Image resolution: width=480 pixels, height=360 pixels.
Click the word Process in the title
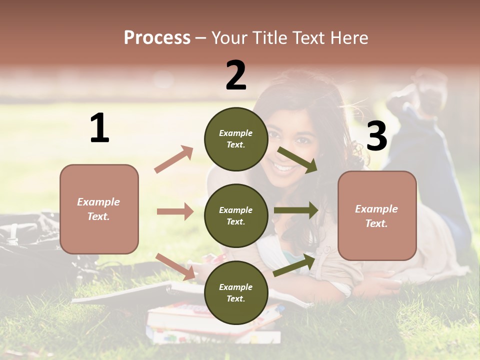pyautogui.click(x=157, y=38)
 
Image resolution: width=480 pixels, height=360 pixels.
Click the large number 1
pyautogui.click(x=99, y=128)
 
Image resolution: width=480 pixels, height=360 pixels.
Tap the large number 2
pyautogui.click(x=236, y=75)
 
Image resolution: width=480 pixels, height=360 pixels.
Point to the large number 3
pyautogui.click(x=376, y=136)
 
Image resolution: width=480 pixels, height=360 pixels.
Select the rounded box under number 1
pyautogui.click(x=99, y=209)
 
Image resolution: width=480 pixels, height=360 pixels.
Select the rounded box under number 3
pyautogui.click(x=377, y=215)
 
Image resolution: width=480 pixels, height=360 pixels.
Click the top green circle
pyautogui.click(x=236, y=139)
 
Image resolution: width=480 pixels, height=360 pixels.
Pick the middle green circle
pyautogui.click(x=236, y=215)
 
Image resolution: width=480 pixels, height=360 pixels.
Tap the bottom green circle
pyautogui.click(x=236, y=292)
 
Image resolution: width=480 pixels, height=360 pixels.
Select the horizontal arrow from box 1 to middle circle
pyautogui.click(x=175, y=211)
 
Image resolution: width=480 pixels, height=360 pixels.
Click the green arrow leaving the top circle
pyautogui.click(x=298, y=160)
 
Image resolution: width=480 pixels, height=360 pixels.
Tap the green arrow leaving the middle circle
pyautogui.click(x=296, y=210)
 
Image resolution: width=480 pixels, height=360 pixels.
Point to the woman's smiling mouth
pyautogui.click(x=284, y=167)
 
